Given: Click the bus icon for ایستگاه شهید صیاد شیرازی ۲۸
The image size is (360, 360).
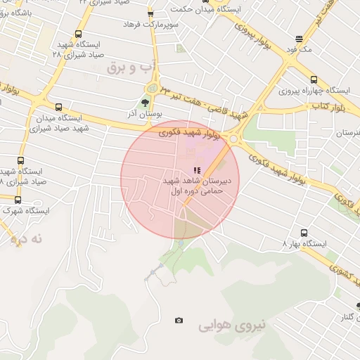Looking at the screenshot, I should pyautogui.click(x=78, y=34).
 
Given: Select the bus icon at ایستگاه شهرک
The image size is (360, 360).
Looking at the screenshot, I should pyautogui.click(x=18, y=200).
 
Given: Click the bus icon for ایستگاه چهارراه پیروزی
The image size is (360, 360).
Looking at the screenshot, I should pyautogui.click(x=313, y=79).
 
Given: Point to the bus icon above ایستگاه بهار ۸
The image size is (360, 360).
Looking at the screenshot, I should pyautogui.click(x=304, y=233).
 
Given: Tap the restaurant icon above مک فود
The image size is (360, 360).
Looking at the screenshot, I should pyautogui.click(x=300, y=39).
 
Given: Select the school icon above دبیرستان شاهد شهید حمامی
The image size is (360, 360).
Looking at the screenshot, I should pyautogui.click(x=198, y=170).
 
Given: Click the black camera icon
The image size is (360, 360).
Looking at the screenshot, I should pyautogui.click(x=179, y=321).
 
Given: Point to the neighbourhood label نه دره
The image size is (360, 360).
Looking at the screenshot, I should pyautogui.click(x=27, y=239).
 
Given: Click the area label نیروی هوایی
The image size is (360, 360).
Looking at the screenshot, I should pyautogui.click(x=233, y=326).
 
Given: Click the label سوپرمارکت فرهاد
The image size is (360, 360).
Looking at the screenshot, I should pyautogui.click(x=150, y=25).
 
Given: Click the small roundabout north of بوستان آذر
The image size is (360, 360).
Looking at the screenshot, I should pyautogui.click(x=150, y=87).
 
